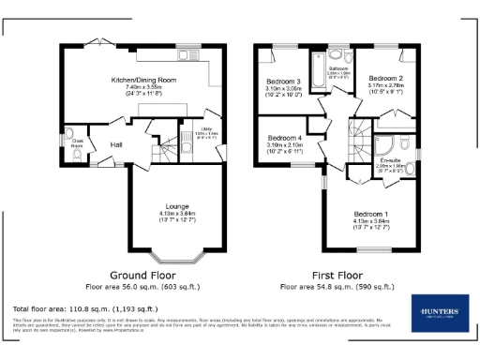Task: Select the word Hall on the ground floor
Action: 117,144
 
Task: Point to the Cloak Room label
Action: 78,144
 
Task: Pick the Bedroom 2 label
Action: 385,78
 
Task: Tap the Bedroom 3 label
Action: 283,82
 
